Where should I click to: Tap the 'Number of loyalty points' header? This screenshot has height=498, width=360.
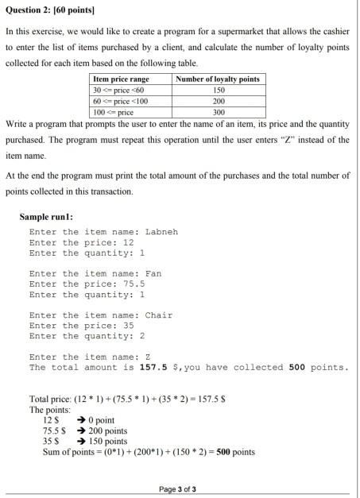[218, 79]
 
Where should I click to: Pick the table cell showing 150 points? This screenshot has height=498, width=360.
[218, 91]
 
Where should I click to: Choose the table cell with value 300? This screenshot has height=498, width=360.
[218, 113]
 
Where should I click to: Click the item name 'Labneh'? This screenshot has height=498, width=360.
[161, 232]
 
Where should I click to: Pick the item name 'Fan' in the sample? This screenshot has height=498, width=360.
[153, 273]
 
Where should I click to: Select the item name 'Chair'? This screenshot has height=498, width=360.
[158, 315]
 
